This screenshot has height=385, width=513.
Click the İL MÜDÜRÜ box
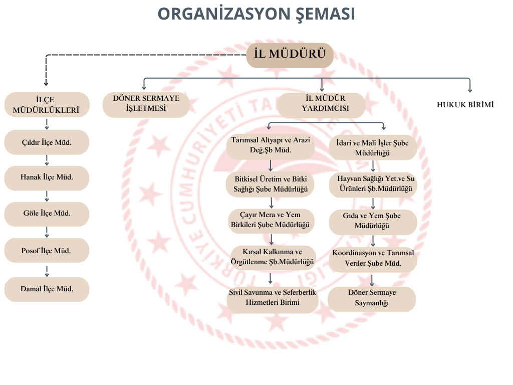pos(290,55)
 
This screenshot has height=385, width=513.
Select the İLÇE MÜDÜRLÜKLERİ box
pos(47,105)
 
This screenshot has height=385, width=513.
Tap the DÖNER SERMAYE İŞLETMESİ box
pos(146,105)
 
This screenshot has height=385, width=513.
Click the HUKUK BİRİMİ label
pos(465,105)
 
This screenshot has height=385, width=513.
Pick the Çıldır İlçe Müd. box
pos(47,142)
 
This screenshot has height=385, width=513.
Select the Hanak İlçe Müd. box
pos(47,177)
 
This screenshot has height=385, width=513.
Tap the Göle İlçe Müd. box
pos(47,214)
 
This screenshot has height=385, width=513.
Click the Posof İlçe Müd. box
pos(47,251)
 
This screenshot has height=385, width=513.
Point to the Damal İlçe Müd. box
pos(47,289)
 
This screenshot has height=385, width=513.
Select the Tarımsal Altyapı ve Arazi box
pos(271,145)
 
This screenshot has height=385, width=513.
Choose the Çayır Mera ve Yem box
pos(271,221)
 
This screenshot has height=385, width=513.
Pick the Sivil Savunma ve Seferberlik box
pos(272,298)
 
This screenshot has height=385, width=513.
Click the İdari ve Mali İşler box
pos(372,148)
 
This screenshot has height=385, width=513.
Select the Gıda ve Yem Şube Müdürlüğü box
pos(372,222)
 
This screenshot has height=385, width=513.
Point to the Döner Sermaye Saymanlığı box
pos(372,299)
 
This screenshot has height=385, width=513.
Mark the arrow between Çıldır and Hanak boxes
pos(47,160)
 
